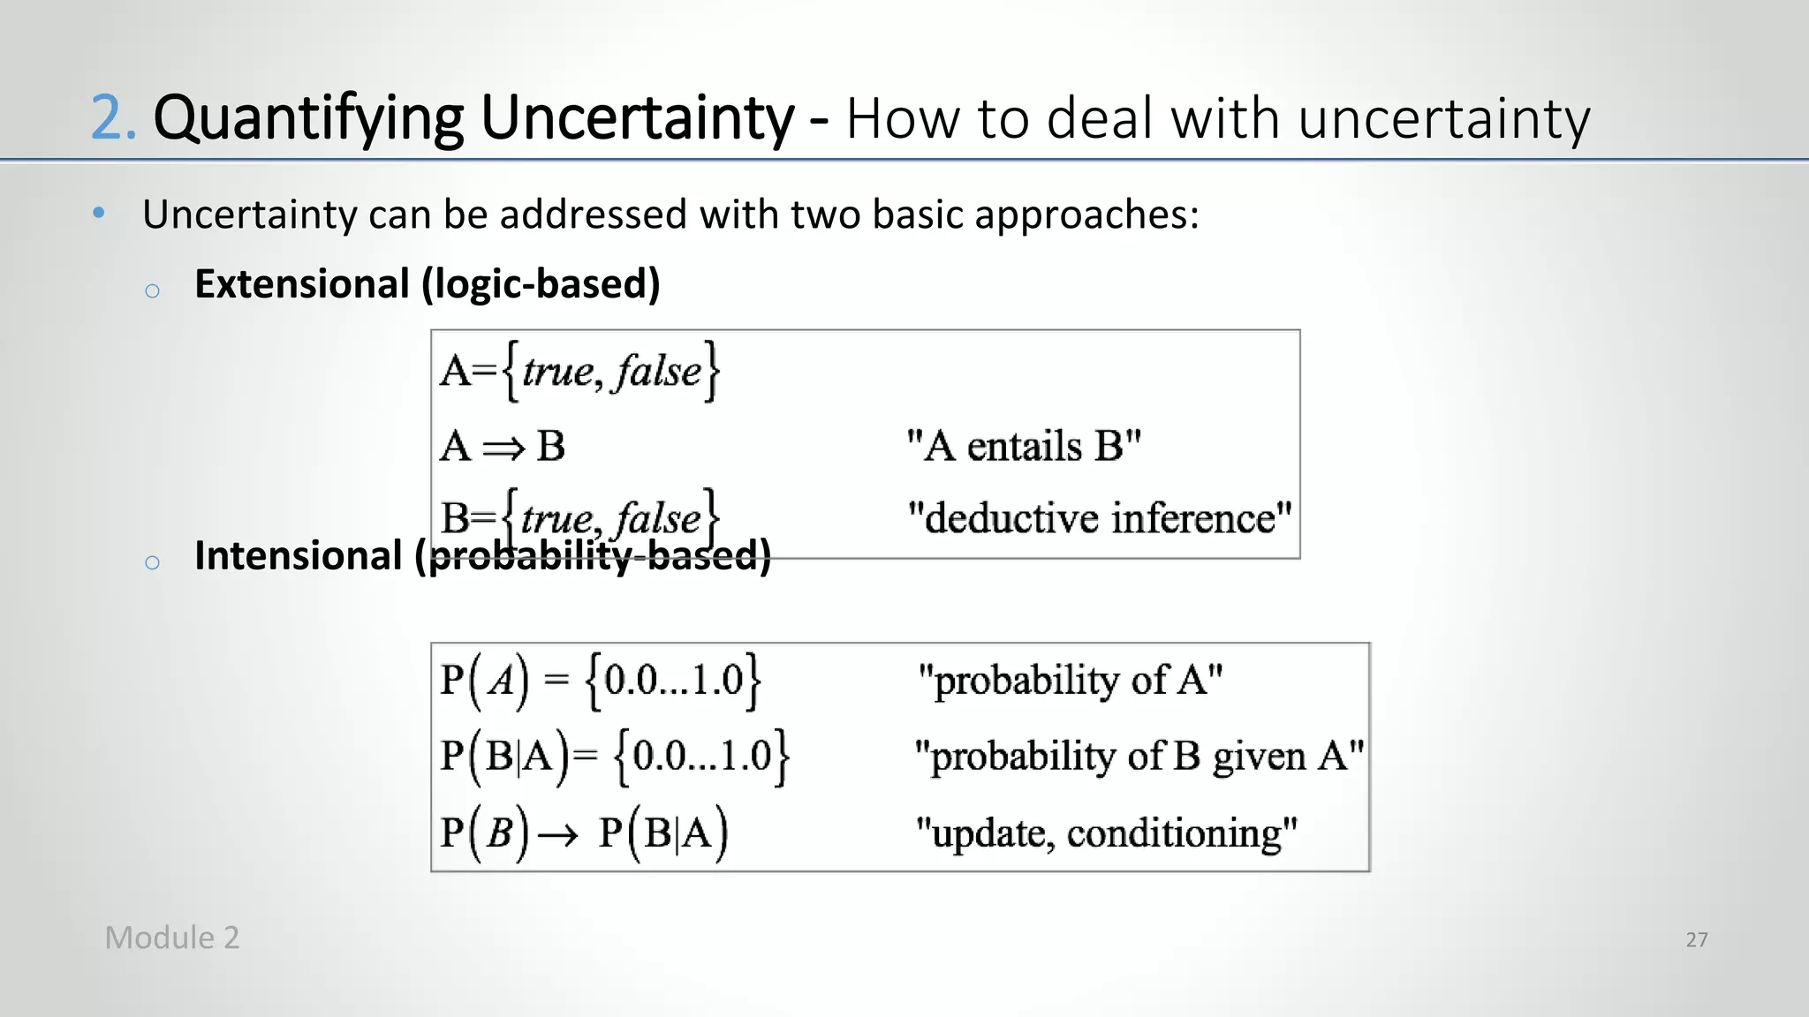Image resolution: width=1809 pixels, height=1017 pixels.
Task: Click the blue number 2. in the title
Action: coord(113,118)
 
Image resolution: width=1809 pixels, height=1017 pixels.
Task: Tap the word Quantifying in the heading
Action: coord(307,118)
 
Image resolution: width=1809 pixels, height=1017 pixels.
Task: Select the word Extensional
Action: coord(301,284)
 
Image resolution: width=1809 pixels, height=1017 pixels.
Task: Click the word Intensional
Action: coord(298,556)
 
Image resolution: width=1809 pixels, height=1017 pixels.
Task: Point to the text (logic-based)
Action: coord(541,284)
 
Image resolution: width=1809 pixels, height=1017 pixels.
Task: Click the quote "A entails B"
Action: coord(1024,446)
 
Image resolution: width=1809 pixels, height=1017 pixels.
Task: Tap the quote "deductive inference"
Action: coord(1100,517)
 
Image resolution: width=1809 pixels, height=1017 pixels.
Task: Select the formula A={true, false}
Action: coord(579,371)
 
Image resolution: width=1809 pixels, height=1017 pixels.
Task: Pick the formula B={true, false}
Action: coord(579,517)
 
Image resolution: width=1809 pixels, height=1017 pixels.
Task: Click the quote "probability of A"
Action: coord(1071,680)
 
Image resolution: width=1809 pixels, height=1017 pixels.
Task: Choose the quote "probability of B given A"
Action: coord(1139,756)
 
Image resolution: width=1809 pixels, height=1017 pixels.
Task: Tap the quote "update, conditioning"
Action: coord(1106,832)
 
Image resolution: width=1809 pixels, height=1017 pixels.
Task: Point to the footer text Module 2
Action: coord(172,938)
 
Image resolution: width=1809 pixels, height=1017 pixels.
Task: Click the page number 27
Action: coord(1696,939)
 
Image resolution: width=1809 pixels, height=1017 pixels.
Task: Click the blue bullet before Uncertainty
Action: coord(99,213)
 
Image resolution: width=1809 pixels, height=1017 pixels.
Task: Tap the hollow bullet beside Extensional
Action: coord(152,290)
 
